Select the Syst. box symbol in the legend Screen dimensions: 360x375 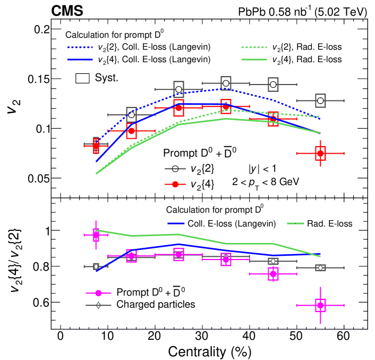82,78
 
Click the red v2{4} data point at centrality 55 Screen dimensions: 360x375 320,153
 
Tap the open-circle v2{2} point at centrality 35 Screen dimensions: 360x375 226,83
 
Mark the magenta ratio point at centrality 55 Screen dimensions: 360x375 320,305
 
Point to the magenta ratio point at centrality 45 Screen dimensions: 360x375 273,274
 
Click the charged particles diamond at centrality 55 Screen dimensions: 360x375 320,267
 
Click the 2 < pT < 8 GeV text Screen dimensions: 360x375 266,181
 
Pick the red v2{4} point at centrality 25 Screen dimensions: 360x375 178,108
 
